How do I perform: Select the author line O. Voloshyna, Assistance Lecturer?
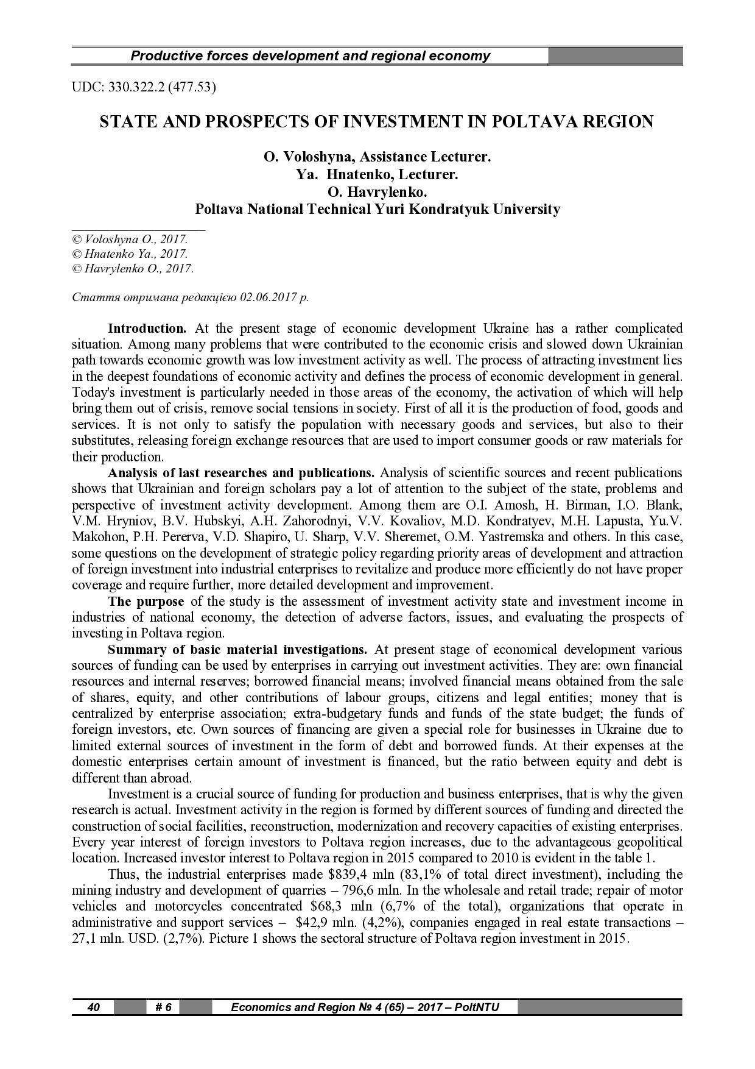point(377,157)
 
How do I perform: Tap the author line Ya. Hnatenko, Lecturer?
point(377,175)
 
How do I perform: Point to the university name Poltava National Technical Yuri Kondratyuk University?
point(377,209)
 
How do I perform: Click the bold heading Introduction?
point(147,329)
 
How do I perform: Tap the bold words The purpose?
point(146,602)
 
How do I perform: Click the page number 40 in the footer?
point(94,1007)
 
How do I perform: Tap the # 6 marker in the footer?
point(164,1007)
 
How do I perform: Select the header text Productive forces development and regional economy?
point(311,56)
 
